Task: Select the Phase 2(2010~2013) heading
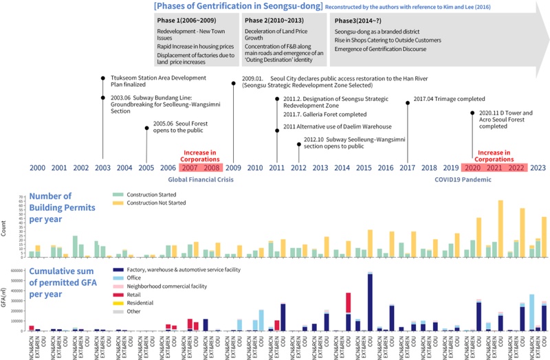[x=271, y=21]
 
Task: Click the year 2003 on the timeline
[x=102, y=168]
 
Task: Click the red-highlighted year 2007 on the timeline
[x=190, y=168]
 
